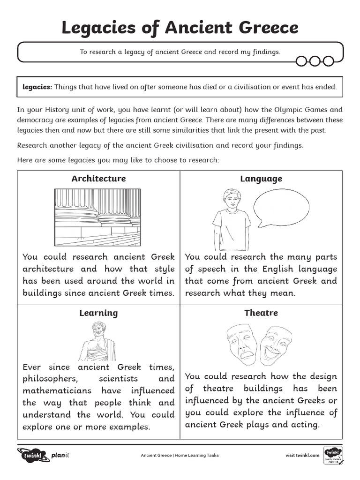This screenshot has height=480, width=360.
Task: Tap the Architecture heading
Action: [98, 179]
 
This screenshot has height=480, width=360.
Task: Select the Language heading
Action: [261, 179]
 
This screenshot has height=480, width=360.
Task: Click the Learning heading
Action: [98, 313]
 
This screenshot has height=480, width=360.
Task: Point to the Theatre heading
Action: [261, 313]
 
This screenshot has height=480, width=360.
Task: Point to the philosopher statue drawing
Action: [98, 340]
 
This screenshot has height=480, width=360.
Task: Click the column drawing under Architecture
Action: [97, 217]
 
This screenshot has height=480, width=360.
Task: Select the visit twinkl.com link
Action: [302, 455]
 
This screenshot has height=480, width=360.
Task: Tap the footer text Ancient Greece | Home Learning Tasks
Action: [180, 455]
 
